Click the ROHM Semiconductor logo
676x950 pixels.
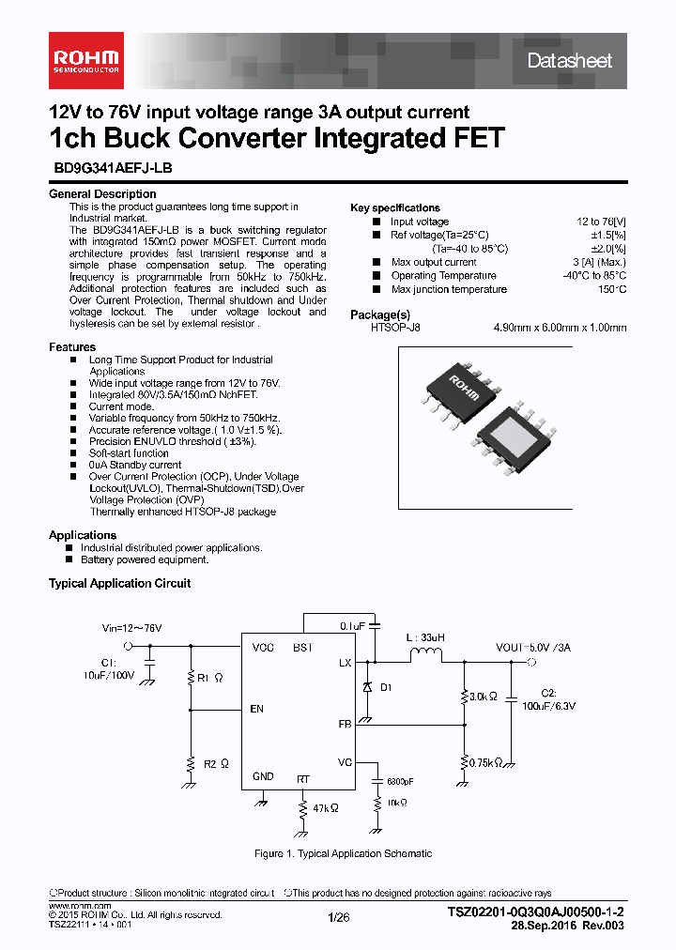[84, 59]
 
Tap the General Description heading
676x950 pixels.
[102, 194]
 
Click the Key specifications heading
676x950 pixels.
[394, 207]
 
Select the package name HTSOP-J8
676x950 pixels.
[395, 328]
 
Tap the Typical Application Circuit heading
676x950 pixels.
[119, 583]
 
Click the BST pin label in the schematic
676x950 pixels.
[303, 648]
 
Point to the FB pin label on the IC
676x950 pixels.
[345, 724]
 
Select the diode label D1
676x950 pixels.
[386, 687]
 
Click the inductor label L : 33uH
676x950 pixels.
[425, 637]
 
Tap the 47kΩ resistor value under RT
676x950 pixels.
[325, 807]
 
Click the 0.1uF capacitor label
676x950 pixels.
[352, 624]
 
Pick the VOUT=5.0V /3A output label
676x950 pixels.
[532, 648]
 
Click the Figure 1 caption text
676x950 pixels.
[343, 853]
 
